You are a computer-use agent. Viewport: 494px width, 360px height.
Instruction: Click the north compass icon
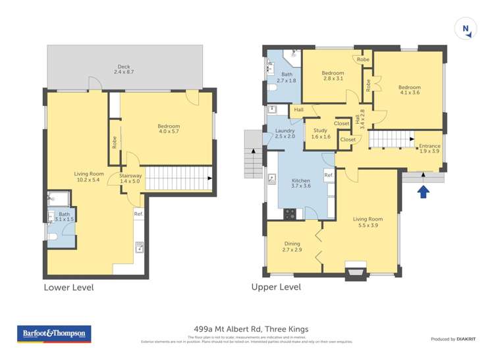[x=466, y=29]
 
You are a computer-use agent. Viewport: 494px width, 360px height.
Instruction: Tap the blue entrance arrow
[x=424, y=192]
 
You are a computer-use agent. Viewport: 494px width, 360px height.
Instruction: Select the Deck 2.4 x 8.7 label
[x=123, y=68]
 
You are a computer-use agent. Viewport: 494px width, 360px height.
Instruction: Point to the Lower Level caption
[x=69, y=288]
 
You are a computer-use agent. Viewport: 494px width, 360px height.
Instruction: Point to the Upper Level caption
[x=276, y=288]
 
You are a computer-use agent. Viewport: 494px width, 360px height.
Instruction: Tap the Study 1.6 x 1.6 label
[x=321, y=134]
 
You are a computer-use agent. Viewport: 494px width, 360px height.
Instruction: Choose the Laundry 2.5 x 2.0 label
[x=285, y=134]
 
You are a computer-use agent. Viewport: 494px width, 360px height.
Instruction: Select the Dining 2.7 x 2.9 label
[x=292, y=247]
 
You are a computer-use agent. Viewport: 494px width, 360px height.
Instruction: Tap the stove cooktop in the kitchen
[x=289, y=213]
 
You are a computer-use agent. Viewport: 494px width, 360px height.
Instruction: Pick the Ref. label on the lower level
[x=138, y=214]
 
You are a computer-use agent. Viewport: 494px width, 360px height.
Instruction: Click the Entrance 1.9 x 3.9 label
[x=429, y=148]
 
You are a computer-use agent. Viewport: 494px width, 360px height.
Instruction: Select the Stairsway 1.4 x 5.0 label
[x=130, y=178]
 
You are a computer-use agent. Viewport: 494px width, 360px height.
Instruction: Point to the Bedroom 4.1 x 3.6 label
[x=408, y=90]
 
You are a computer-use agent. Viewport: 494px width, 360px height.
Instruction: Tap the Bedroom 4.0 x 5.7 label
[x=168, y=129]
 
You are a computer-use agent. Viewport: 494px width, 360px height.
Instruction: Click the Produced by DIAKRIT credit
[x=452, y=339]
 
